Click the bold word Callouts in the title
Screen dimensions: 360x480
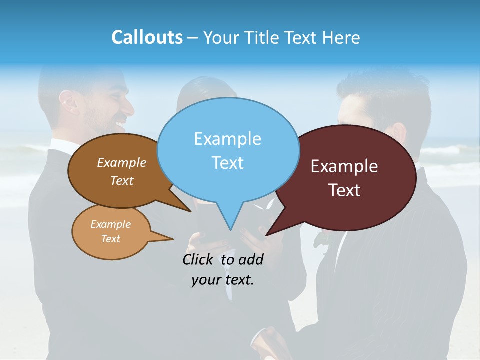[147, 37]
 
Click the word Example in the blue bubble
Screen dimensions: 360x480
[227, 139]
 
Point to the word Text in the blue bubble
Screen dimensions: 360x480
[227, 163]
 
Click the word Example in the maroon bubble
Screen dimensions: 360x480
[344, 166]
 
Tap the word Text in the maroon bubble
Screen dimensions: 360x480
[344, 190]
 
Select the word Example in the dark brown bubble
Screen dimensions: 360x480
[122, 162]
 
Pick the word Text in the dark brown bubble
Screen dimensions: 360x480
[122, 180]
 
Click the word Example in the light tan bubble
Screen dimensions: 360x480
[110, 224]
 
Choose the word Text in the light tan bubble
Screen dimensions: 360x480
[110, 239]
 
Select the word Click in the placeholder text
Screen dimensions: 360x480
[199, 259]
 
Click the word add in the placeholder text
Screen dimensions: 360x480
[250, 259]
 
